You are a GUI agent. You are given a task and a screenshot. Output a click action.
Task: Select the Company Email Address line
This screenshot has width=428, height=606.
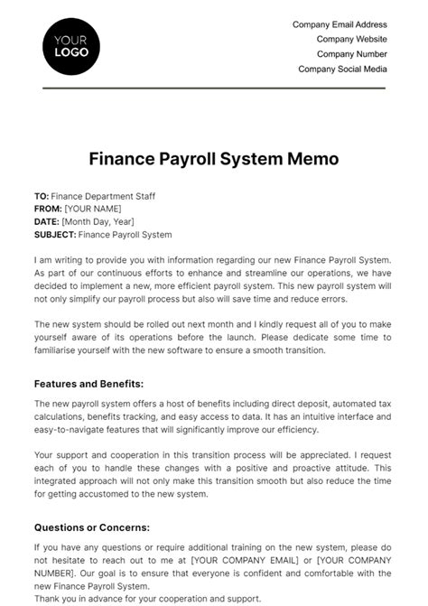point(340,25)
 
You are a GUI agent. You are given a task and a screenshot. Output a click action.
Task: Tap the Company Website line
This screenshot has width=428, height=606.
point(351,40)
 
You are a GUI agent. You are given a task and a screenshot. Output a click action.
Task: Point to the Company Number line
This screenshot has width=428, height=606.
point(350,54)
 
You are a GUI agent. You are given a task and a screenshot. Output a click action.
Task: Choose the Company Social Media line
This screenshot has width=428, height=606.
point(342,69)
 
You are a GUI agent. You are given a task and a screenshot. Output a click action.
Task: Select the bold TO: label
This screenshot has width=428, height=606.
point(42,196)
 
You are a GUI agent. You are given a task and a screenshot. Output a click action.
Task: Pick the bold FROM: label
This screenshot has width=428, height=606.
point(47,209)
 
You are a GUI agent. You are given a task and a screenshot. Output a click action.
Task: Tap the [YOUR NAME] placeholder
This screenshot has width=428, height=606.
point(92,209)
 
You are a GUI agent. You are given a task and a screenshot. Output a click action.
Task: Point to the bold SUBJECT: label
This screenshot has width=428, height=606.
point(55,235)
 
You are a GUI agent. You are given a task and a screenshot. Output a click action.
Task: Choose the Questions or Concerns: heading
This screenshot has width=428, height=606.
point(91,527)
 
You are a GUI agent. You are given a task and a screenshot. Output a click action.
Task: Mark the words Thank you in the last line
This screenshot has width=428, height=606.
point(55,599)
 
